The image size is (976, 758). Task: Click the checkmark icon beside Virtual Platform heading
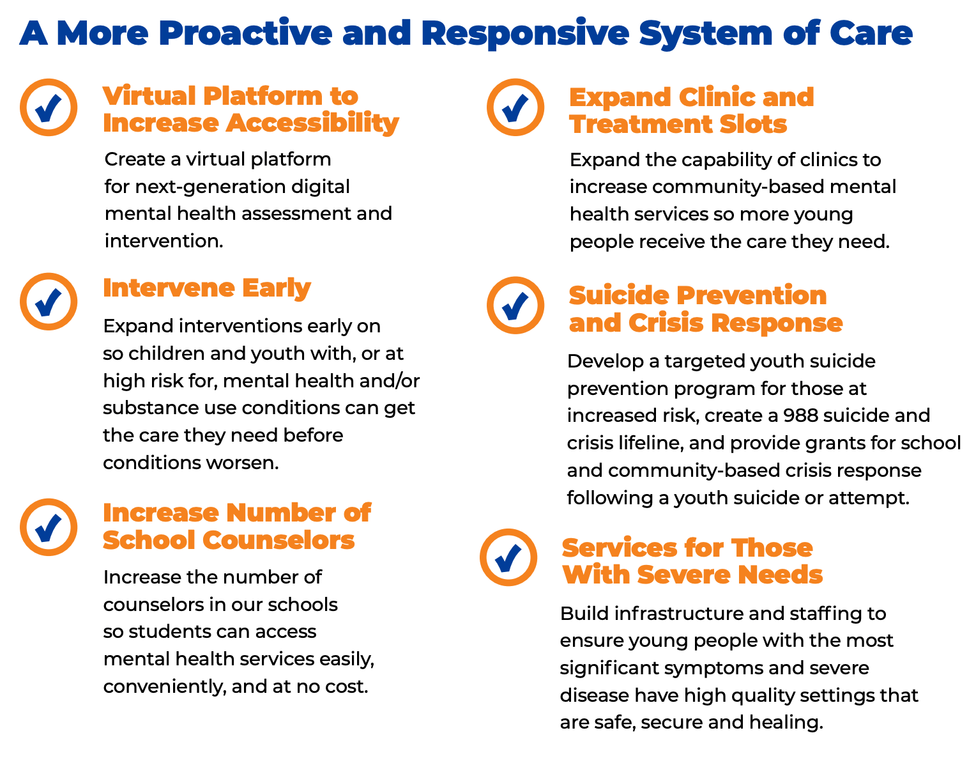[x=49, y=107]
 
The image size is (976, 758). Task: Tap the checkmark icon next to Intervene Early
[x=49, y=302]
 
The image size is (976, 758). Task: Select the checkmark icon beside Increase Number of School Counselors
[x=49, y=527]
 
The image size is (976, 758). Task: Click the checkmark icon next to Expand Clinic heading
[x=515, y=107]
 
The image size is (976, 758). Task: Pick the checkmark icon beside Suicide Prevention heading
[x=515, y=305]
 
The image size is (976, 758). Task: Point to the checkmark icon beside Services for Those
[x=508, y=557]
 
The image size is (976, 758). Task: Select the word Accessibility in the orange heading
[x=312, y=123]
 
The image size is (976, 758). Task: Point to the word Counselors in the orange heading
[x=278, y=539]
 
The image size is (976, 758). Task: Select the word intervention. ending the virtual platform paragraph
[x=164, y=241]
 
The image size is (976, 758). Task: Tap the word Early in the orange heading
[x=276, y=289]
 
